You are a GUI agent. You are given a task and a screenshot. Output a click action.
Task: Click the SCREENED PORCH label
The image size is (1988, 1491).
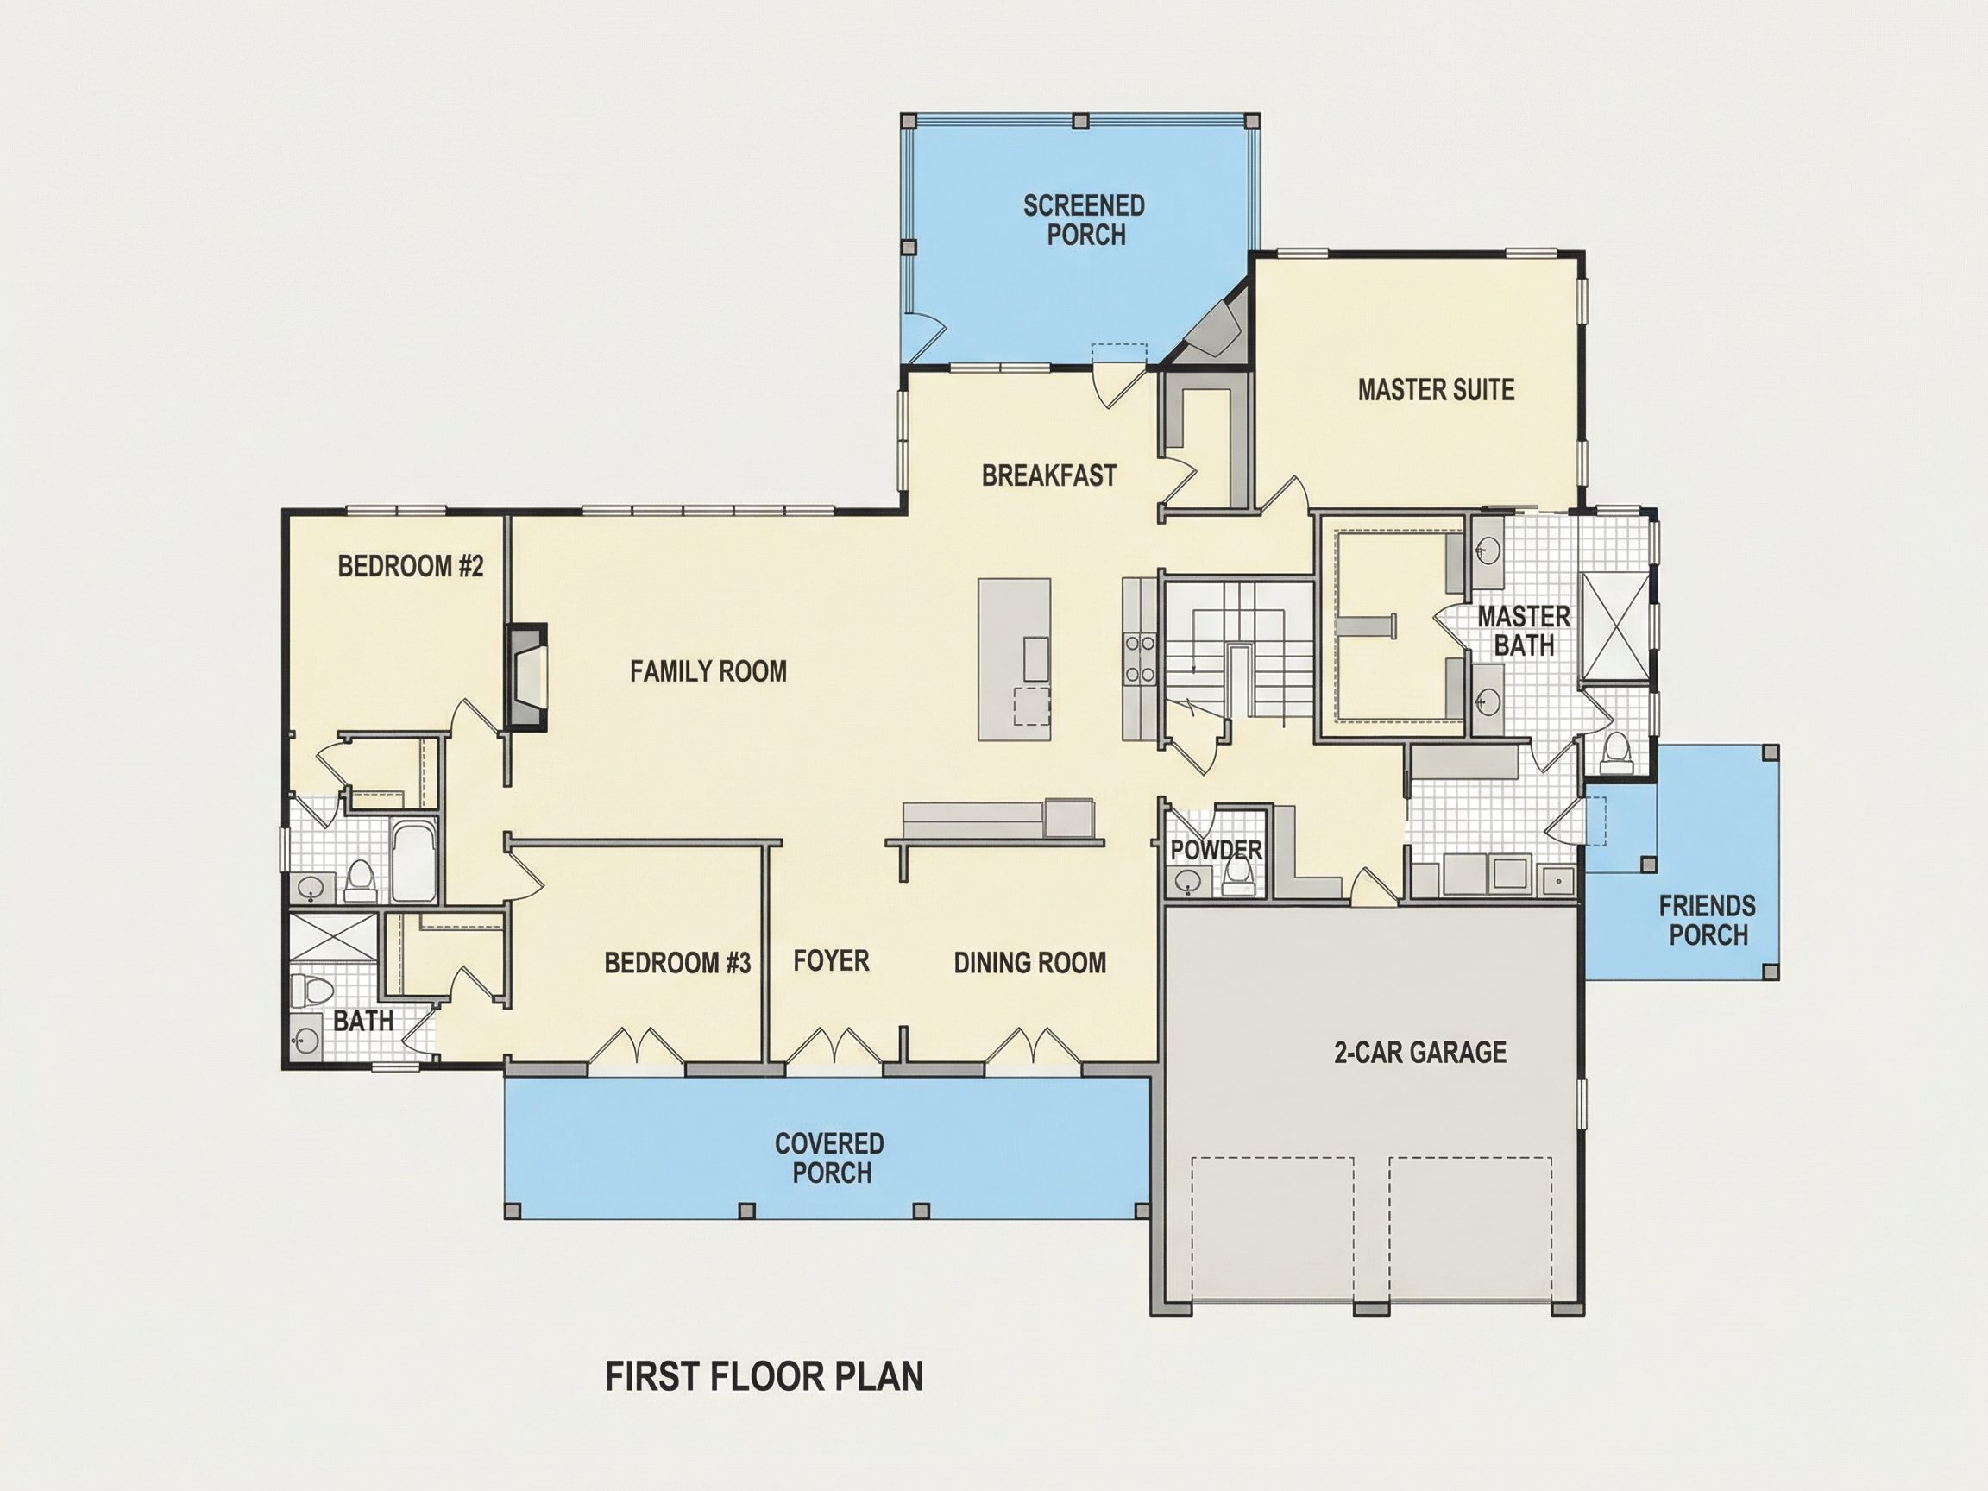[x=1085, y=220]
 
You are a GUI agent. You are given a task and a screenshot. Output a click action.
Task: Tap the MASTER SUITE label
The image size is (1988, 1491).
[x=1436, y=390]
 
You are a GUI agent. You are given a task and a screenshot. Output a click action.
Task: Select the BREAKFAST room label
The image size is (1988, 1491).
[x=1049, y=475]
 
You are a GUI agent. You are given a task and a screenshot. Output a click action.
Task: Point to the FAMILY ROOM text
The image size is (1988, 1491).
[x=708, y=671]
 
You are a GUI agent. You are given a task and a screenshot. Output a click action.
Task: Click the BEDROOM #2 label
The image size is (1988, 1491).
[x=411, y=566]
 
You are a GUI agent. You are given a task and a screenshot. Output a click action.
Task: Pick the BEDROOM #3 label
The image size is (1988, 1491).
[x=677, y=964]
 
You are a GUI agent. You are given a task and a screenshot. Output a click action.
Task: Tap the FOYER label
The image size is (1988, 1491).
[x=831, y=960]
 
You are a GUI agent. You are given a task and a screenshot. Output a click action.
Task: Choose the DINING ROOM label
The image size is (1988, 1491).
[x=1030, y=964]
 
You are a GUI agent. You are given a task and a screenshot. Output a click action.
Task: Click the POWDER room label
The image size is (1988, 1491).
[x=1216, y=850]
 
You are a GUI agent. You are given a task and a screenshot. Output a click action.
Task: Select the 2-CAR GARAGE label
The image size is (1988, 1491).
[x=1420, y=1053]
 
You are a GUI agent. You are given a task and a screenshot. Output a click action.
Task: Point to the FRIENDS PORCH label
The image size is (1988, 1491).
[x=1708, y=921]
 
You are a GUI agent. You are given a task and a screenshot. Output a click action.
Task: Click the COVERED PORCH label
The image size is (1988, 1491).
[x=830, y=1159]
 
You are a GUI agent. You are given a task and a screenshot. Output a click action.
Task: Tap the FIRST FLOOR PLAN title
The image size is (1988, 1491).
[x=764, y=1377]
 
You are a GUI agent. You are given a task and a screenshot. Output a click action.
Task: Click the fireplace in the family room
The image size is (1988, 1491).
[x=526, y=676]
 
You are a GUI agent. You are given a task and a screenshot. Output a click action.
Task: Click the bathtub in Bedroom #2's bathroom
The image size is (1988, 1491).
[x=413, y=861]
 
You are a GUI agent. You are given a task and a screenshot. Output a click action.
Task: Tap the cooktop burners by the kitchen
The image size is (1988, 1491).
[x=1140, y=657]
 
